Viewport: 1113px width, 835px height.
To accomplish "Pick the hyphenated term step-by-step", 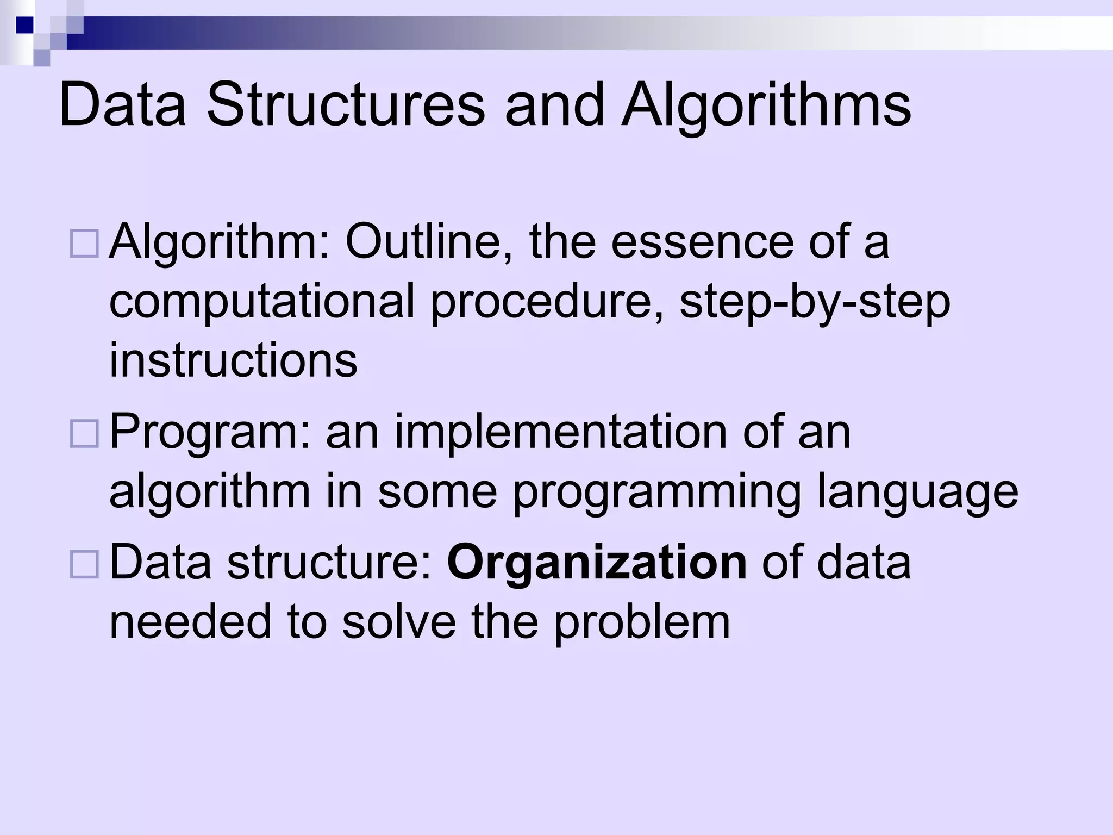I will click(815, 302).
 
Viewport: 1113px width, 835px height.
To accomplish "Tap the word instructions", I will click(233, 360).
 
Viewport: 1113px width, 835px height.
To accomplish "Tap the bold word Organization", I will click(597, 563).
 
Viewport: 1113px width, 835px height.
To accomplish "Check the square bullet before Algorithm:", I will click(84, 243).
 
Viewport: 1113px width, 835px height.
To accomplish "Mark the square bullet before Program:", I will click(84, 434).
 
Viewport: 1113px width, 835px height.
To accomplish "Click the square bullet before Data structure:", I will click(84, 564).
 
